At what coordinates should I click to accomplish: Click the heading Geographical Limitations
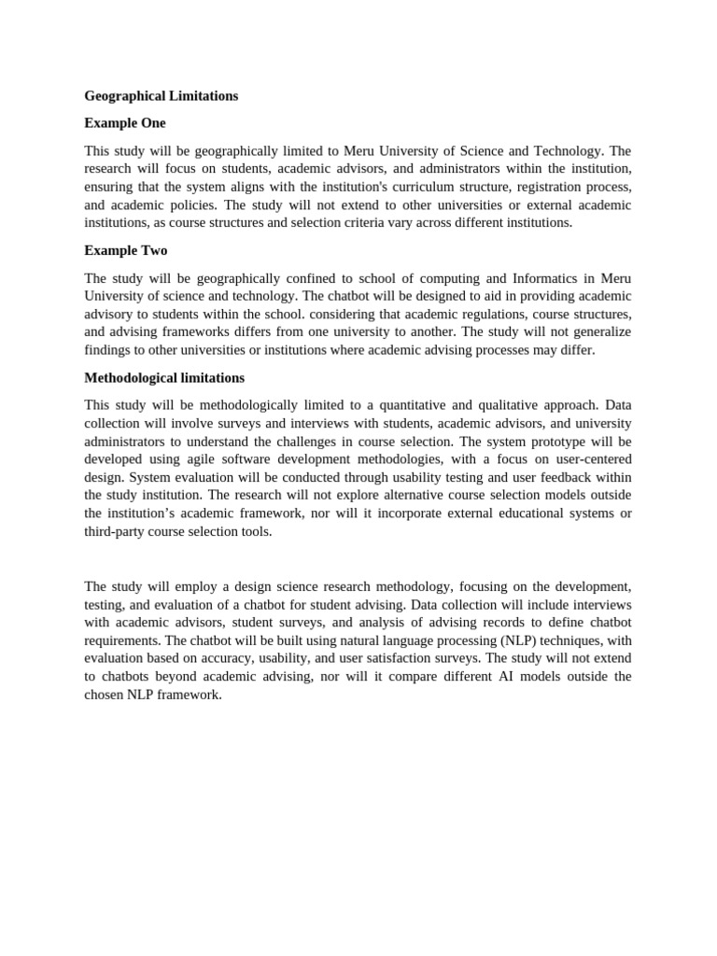click(x=161, y=96)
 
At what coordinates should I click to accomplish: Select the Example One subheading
click(x=124, y=123)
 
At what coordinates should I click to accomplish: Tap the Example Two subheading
click(x=125, y=250)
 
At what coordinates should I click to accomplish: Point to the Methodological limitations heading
click(x=164, y=378)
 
